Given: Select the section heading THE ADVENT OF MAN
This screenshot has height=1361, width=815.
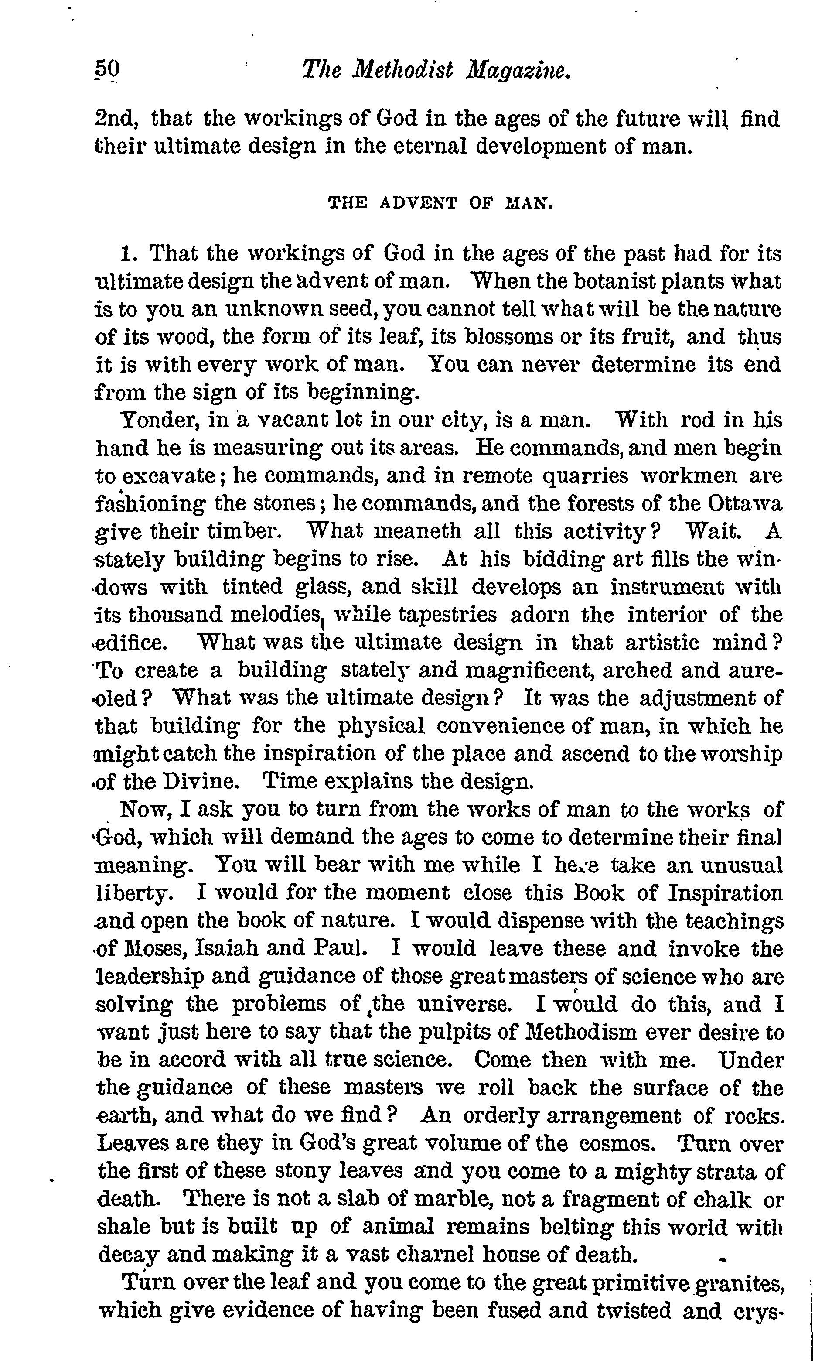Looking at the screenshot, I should [440, 204].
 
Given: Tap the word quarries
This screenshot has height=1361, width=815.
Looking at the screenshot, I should [586, 475].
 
